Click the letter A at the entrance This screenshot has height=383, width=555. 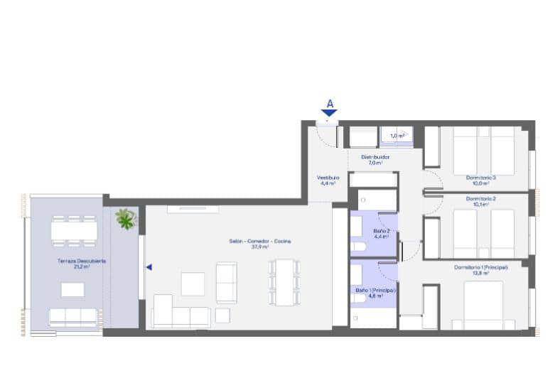coord(330,104)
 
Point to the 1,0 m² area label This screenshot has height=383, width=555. coord(397,135)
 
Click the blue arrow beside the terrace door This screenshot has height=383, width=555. coord(149,267)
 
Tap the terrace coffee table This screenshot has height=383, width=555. coord(72,289)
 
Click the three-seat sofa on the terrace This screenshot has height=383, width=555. coord(72,317)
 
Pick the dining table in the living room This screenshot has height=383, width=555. coord(285,282)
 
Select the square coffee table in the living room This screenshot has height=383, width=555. coord(193,284)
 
